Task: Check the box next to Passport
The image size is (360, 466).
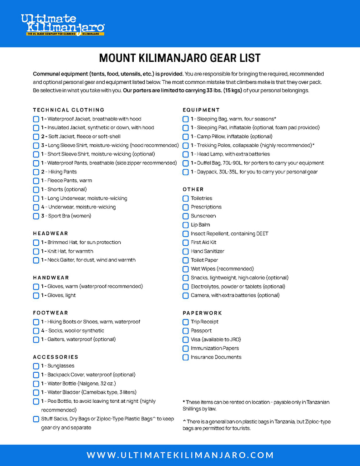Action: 186,331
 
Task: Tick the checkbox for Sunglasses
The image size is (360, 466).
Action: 36,366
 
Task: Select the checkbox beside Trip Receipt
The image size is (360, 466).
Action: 186,322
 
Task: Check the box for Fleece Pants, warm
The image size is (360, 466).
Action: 36,181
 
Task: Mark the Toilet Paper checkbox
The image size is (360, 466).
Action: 186,260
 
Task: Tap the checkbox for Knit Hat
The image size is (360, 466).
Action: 36,251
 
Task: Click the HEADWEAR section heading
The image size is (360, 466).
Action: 51,233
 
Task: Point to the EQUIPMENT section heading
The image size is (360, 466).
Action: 201,110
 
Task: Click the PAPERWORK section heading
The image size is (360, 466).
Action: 203,313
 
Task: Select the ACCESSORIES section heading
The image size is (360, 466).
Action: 56,357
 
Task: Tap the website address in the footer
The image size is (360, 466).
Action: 180,455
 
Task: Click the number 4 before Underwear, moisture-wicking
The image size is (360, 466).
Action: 43,207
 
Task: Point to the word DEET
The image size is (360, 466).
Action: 262,233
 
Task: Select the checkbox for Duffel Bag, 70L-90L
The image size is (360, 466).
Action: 186,163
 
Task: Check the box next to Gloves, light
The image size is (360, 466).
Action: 36,295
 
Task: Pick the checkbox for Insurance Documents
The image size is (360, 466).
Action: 186,357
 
